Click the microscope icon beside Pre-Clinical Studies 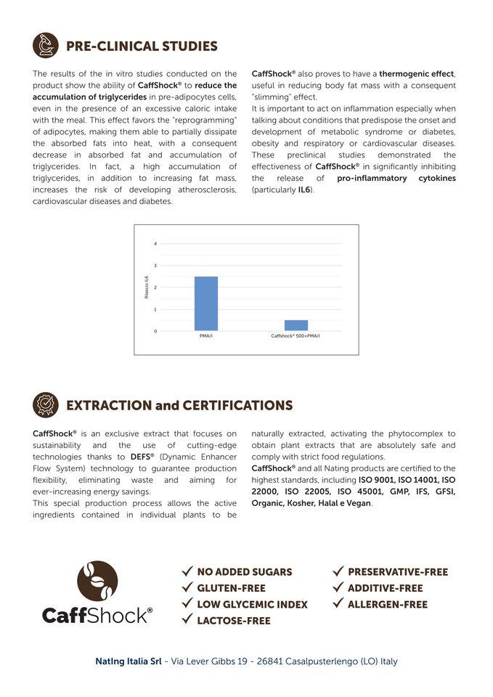point(46,46)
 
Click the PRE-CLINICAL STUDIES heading point(142,46)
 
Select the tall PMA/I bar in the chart point(205,303)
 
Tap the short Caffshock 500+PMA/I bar point(296,325)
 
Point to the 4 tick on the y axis point(155,243)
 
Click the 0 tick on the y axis point(155,331)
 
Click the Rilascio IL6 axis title point(146,287)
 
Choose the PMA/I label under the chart point(205,337)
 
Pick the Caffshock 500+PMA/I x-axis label point(296,337)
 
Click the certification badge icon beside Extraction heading point(46,404)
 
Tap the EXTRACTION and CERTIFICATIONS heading point(179,405)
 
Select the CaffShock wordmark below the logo point(97,616)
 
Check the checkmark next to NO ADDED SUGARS point(187,571)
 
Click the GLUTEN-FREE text point(231,588)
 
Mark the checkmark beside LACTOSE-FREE point(187,620)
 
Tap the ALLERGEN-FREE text point(388,604)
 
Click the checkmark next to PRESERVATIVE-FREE point(338,571)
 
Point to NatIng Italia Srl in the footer point(129,661)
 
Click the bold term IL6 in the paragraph point(305,189)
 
